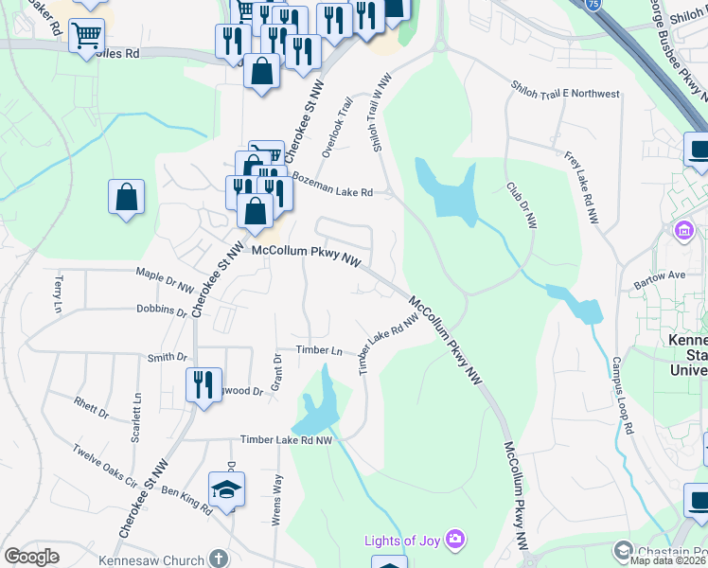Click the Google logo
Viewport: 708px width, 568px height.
point(31,557)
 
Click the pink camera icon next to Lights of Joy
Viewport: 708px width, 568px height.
point(456,540)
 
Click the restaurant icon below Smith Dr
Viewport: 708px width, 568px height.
point(204,385)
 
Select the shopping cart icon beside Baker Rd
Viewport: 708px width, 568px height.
point(86,37)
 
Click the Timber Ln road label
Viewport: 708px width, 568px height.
point(319,350)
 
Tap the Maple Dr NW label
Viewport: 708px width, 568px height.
point(165,281)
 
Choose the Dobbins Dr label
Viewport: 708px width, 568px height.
point(162,310)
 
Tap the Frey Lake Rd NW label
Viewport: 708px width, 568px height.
point(581,187)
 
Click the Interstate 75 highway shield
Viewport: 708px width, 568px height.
point(592,5)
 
